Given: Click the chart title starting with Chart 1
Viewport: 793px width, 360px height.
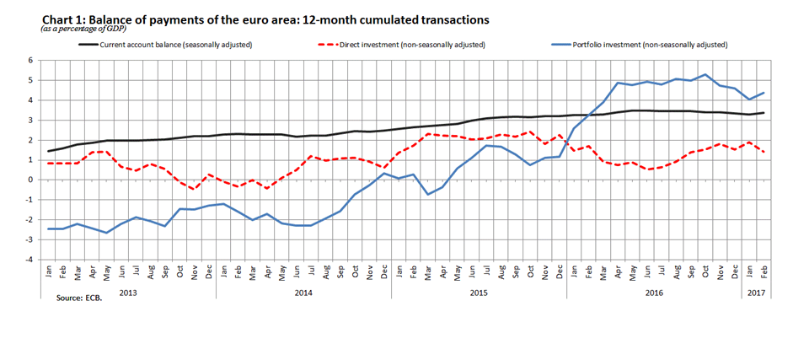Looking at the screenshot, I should point(265,19).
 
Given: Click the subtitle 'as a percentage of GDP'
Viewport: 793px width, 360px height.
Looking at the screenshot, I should point(90,30).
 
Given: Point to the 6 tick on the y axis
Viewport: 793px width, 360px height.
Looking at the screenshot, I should point(30,61).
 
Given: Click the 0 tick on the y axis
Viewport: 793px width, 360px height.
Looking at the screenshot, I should point(30,180).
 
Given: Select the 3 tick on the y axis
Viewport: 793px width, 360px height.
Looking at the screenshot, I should point(30,120).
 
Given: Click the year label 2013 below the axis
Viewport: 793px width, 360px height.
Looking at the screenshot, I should point(128,293).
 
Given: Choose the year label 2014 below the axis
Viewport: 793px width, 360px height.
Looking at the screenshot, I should point(303,293).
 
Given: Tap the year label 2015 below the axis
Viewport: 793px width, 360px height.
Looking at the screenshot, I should point(479,293).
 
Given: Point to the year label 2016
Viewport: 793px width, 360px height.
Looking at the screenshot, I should point(654,293).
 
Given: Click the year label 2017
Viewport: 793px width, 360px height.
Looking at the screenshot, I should point(756,293).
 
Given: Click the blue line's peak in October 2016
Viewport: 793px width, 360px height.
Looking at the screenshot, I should point(705,74).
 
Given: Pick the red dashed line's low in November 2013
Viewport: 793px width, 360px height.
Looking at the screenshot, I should point(194,189).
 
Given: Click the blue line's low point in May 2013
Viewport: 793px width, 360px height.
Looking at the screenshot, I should point(106,233).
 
